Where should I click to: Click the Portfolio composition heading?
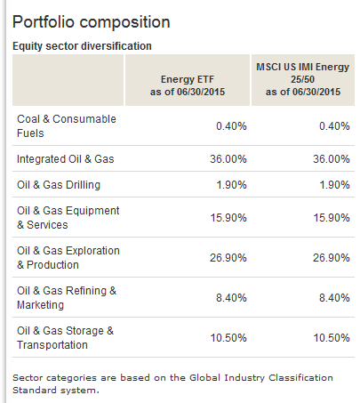coord(92,22)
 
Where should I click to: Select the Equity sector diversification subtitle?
coord(82,46)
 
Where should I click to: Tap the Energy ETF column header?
coord(188,85)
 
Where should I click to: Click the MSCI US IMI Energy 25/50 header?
coord(302,79)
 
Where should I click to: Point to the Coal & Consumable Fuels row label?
coord(67,126)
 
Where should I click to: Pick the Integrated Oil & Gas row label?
coord(65,159)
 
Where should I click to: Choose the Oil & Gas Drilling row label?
coord(59,185)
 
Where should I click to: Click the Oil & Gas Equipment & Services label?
coord(68,218)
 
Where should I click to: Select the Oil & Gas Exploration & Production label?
coord(68,258)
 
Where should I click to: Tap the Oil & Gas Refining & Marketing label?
coord(67,298)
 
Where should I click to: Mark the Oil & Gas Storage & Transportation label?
coord(65,338)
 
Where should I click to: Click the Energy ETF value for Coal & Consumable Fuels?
coord(231,126)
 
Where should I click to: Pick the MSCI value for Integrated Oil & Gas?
coord(332,159)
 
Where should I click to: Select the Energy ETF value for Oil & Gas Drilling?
coord(231,185)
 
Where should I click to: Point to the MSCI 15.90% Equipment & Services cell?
coord(332,218)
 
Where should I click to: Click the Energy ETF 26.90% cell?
coord(228,258)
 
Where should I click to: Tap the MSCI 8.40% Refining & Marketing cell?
coord(334,298)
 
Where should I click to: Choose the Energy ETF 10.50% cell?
coord(228,338)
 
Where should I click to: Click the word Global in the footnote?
coord(205,378)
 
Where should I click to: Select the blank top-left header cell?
coord(68,80)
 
